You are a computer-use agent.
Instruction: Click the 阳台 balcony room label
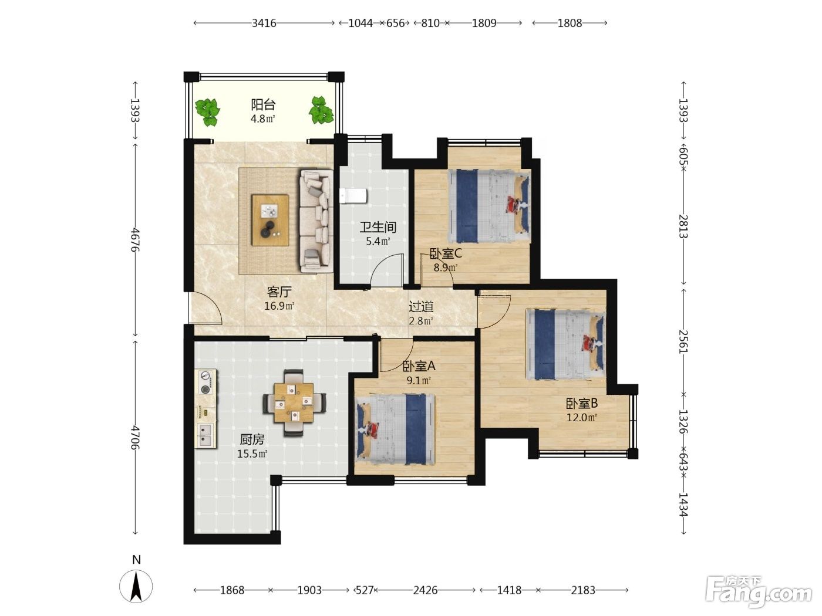point(263,104)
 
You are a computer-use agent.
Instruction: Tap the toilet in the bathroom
point(353,196)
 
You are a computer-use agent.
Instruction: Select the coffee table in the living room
point(270,220)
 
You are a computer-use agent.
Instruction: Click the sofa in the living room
point(316,221)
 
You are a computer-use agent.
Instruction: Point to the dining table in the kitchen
point(294,402)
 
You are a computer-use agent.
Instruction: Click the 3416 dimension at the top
point(264,23)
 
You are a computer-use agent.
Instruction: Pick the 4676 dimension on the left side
point(135,240)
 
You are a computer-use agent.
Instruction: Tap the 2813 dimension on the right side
point(683,226)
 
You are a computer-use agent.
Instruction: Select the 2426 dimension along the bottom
point(425,590)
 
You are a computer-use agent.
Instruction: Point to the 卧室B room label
point(582,403)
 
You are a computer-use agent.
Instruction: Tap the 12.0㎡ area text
point(581,417)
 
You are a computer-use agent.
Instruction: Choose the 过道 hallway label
point(421,306)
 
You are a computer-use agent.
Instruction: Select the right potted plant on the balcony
point(321,110)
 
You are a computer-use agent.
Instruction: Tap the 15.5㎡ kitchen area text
point(252,454)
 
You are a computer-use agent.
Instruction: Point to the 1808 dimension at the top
point(570,23)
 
